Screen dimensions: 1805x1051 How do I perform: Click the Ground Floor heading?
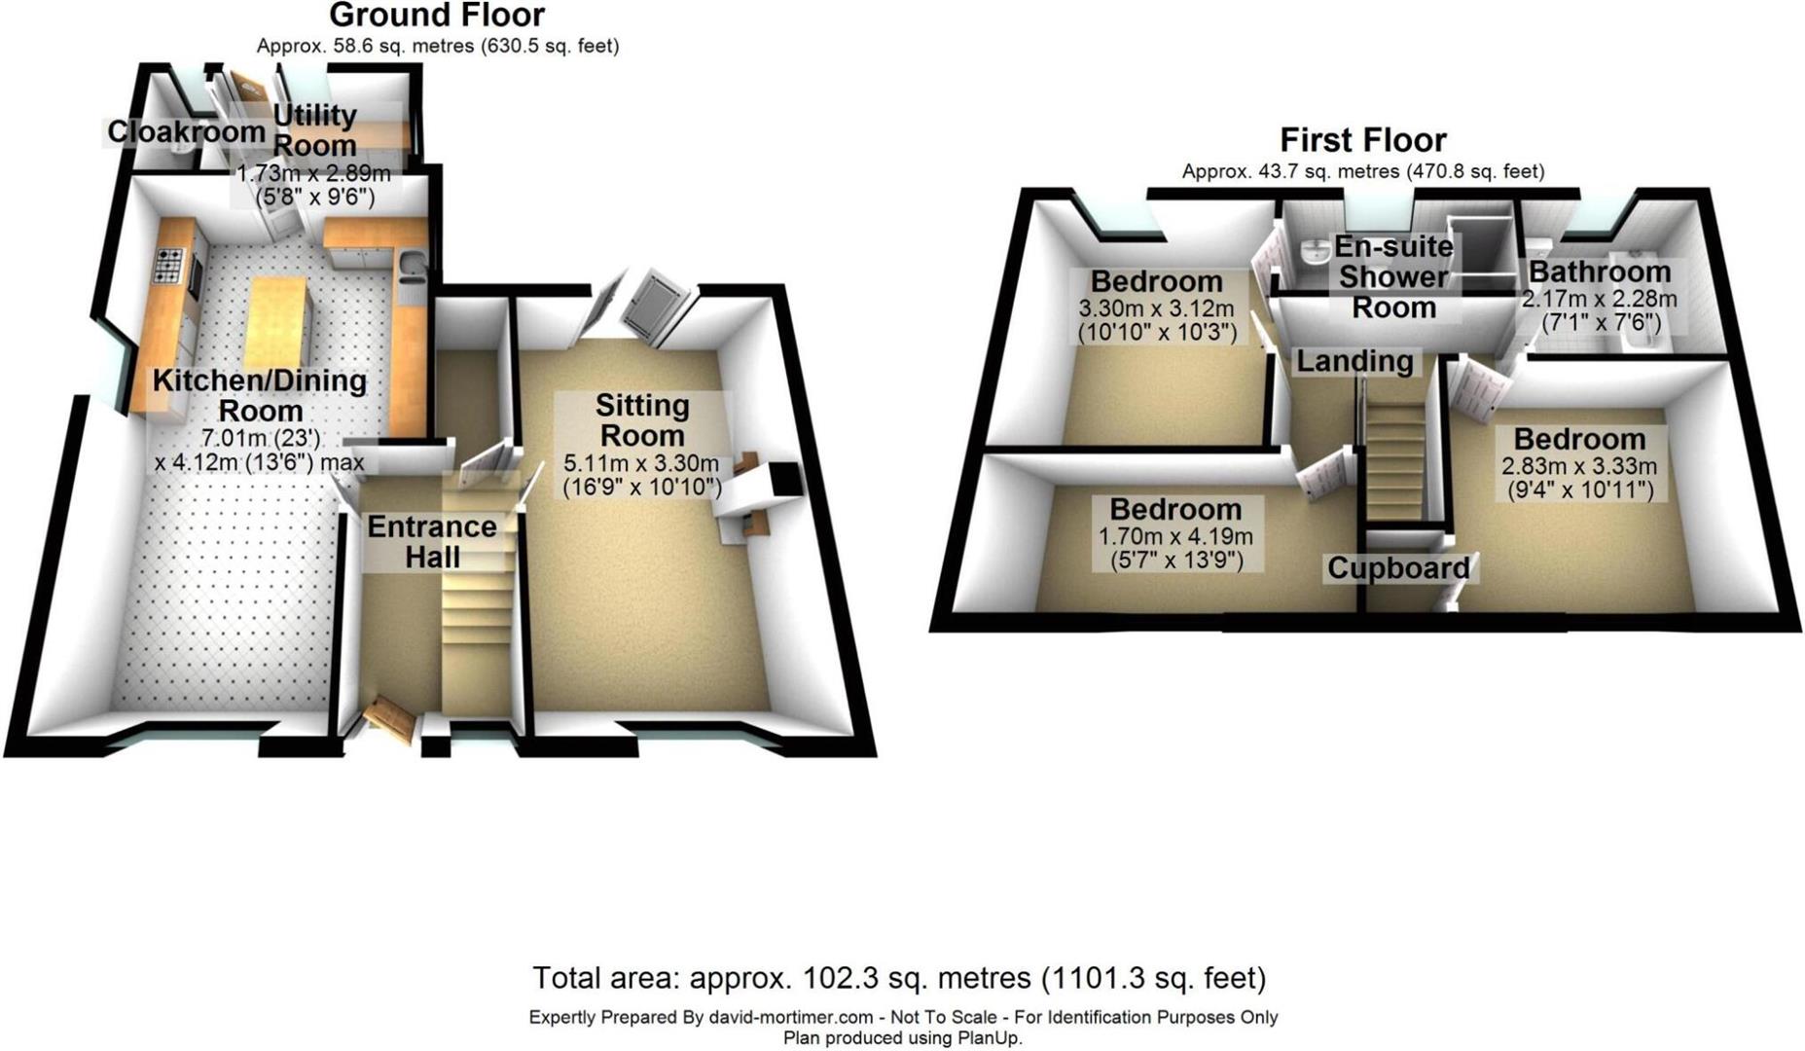coord(437,16)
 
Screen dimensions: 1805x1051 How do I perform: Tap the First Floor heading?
coord(1363,140)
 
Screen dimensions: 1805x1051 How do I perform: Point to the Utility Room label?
coord(314,129)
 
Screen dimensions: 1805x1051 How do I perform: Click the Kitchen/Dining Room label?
coord(260,395)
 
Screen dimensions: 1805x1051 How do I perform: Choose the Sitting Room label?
coord(642,419)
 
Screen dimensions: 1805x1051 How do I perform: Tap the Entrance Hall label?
coord(432,541)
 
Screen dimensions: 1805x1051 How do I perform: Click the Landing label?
coord(1355,361)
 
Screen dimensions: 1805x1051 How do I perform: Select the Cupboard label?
coord(1398,568)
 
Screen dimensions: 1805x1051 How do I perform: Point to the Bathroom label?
coord(1600,272)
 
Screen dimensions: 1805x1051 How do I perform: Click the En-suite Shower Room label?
coord(1394,277)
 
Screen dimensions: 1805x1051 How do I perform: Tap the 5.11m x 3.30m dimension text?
coord(641,463)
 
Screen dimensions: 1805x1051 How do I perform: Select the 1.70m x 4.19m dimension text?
coord(1175,536)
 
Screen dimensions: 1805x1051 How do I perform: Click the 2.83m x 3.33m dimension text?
coord(1579,466)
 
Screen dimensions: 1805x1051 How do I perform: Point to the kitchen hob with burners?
coord(169,266)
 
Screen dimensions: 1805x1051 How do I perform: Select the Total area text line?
coord(899,977)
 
